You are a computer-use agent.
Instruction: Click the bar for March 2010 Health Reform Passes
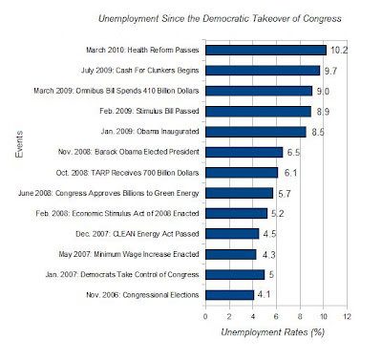pos(265,50)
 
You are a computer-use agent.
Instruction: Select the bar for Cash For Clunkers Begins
pos(263,71)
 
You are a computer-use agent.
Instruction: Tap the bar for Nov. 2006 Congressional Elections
pos(229,295)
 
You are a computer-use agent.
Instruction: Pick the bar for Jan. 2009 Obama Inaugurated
pos(256,132)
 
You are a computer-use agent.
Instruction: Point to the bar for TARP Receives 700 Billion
pos(242,173)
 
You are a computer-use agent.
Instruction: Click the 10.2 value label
pos(339,50)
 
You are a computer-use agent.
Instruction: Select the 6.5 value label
pos(293,152)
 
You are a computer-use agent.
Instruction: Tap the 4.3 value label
pos(268,255)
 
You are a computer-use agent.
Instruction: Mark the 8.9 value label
pos(323,112)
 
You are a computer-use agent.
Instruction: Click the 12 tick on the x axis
pos(347,316)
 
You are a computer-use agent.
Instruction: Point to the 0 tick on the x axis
pos(205,316)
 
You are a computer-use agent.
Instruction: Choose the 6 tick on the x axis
pos(276,316)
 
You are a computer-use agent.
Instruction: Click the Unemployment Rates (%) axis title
pos(272,332)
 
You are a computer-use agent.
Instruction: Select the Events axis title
pos(19,144)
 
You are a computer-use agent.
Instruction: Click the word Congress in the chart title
pos(322,18)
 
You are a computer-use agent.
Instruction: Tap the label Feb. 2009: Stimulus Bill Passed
pos(149,111)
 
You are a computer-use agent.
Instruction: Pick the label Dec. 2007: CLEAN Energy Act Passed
pos(138,234)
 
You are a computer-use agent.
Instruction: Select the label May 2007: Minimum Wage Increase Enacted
pos(129,254)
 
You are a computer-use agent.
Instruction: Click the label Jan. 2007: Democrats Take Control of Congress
pos(122,275)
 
